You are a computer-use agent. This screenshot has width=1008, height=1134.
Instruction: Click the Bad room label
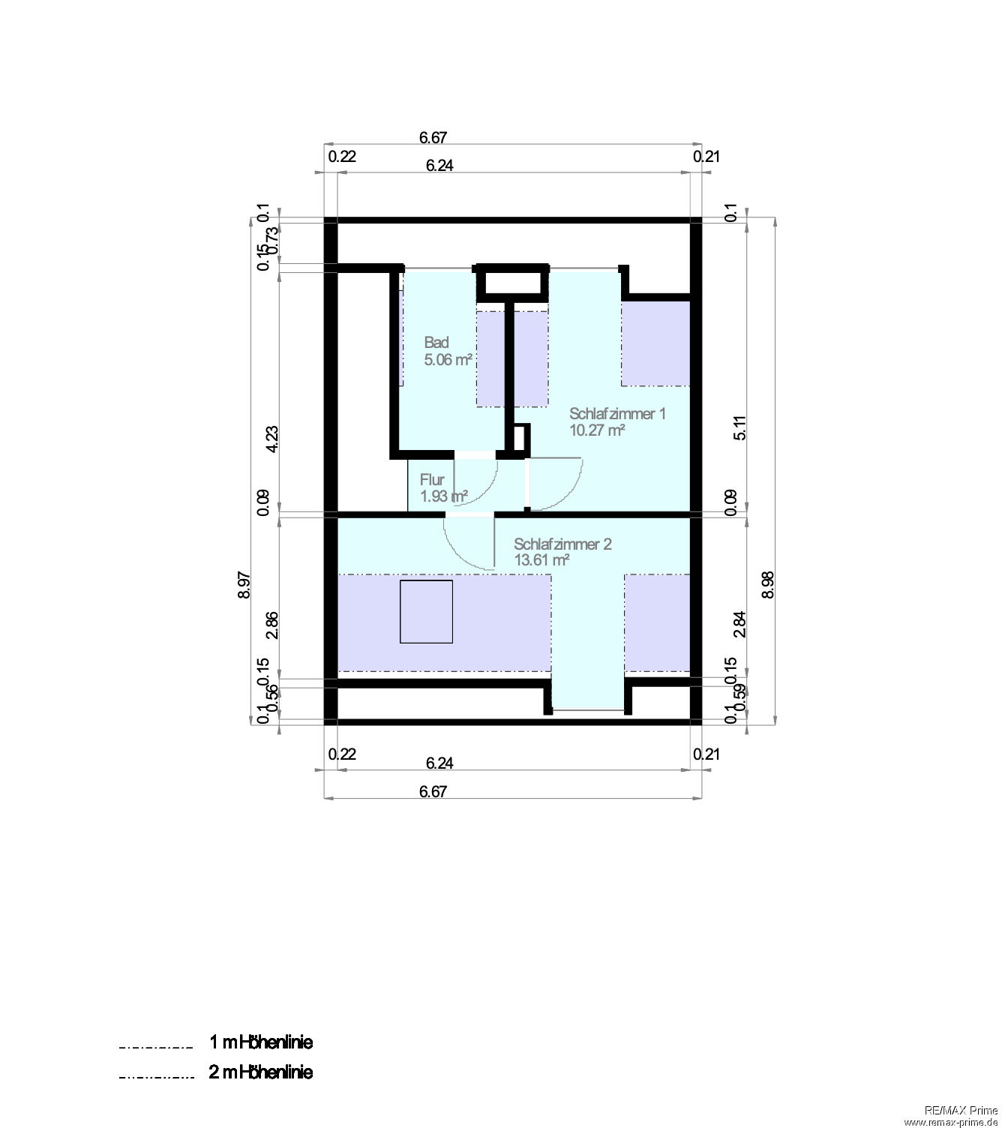tap(436, 343)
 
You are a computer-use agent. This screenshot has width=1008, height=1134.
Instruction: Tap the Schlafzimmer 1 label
tap(616, 414)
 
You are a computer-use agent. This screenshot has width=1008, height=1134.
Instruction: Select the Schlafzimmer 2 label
tap(562, 544)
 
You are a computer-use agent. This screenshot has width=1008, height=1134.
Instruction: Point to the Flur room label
tap(432, 480)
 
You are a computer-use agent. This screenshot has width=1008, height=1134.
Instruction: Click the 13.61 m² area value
tap(541, 560)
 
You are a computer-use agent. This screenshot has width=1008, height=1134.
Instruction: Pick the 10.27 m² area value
tap(597, 430)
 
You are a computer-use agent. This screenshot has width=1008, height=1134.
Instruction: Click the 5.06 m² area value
tap(448, 360)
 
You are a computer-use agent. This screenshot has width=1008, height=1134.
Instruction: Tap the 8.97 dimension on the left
tap(244, 585)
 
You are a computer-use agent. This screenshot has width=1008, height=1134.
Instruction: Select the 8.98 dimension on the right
tap(767, 585)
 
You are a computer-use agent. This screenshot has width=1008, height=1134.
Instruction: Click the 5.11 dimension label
tap(740, 427)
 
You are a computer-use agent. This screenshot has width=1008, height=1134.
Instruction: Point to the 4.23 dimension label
tap(272, 439)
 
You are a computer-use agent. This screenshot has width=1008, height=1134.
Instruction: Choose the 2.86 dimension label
tap(272, 625)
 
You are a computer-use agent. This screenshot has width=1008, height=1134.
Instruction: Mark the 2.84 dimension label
tap(740, 624)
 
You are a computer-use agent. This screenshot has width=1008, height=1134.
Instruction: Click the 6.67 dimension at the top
tap(433, 137)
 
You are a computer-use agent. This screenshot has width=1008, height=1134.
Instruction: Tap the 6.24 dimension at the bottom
tap(439, 763)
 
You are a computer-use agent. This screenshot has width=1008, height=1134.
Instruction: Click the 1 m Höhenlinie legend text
tap(260, 1042)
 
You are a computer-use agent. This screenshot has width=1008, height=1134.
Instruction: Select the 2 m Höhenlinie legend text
tap(260, 1072)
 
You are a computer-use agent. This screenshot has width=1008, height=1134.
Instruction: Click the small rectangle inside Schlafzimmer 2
tap(426, 611)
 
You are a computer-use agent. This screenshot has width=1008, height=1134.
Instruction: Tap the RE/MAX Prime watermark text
tap(961, 1111)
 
